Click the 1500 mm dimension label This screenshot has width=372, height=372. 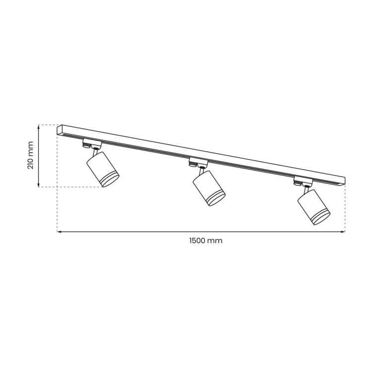click(x=205, y=241)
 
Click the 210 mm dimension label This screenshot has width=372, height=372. click(x=30, y=155)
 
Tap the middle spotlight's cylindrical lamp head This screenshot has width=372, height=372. click(x=208, y=187)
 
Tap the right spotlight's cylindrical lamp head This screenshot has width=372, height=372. click(x=313, y=205)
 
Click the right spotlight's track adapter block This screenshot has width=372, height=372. click(x=303, y=180)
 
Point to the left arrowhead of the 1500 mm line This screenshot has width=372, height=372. click(x=59, y=232)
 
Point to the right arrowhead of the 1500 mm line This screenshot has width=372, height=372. click(x=343, y=232)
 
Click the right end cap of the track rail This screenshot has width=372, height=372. click(x=343, y=181)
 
